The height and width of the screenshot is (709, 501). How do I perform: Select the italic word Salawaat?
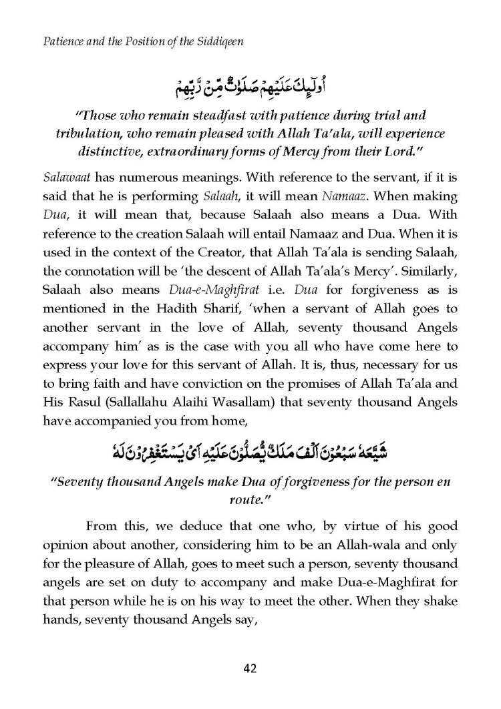click(65, 178)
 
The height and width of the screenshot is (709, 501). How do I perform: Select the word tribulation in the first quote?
click(88, 133)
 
